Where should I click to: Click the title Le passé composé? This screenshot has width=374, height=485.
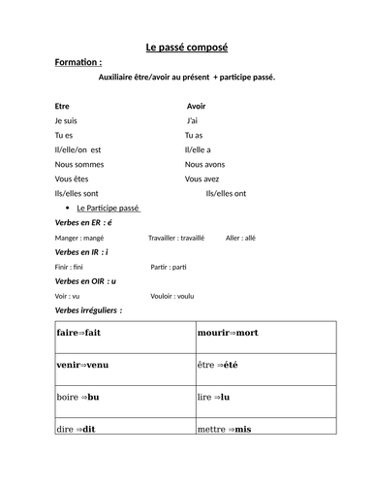click(186, 47)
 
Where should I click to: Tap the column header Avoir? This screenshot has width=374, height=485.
click(196, 106)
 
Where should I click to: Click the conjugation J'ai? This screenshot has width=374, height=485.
click(193, 120)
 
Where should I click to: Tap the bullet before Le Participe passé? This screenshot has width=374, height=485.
click(66, 209)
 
